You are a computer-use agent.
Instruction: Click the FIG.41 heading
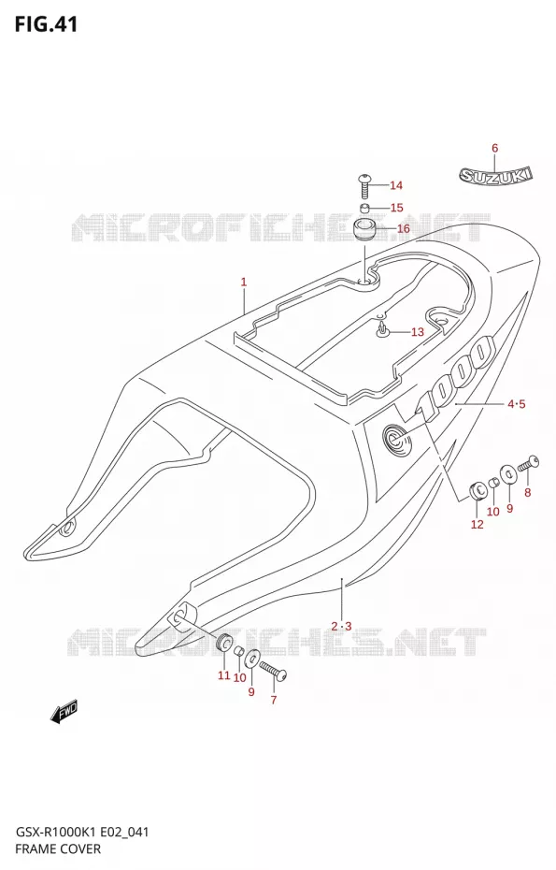46,24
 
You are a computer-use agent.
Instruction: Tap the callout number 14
396,185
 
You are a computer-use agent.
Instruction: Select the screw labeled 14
364,186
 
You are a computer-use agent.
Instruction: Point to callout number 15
397,208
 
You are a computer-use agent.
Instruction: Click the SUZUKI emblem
495,175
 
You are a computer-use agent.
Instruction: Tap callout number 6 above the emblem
494,148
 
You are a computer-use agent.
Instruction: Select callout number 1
243,283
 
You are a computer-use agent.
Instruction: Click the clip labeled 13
382,330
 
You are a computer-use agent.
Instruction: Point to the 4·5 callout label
516,404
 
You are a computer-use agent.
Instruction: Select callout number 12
478,524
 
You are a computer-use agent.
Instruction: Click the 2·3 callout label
341,627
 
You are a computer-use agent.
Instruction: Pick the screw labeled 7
273,669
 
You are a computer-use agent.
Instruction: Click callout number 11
223,675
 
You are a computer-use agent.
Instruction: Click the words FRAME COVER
58,848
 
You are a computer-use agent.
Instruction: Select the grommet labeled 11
224,643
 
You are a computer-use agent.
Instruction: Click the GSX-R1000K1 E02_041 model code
81,833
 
